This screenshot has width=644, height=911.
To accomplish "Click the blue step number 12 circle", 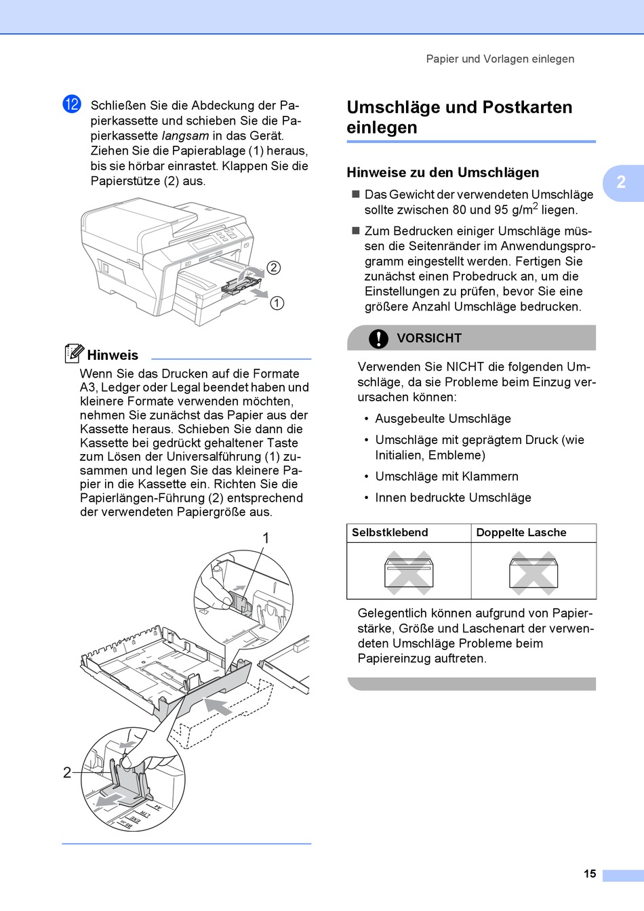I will (72, 104).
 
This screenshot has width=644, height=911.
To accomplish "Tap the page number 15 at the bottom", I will (590, 874).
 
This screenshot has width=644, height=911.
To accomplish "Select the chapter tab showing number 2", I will (621, 182).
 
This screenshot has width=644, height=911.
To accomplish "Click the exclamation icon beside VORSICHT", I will (378, 338).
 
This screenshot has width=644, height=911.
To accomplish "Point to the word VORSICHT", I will (429, 338).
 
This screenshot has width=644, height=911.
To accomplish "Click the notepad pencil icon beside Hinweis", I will (74, 353).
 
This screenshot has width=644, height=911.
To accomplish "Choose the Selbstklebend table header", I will (390, 533).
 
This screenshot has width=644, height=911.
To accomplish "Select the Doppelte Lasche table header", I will (521, 533).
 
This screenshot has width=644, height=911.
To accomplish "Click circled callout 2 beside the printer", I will (273, 268).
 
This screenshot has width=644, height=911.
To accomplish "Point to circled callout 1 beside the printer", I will (277, 303).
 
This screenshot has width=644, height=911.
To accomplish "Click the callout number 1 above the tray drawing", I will (266, 538).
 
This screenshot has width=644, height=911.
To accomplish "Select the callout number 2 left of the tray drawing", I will (67, 773).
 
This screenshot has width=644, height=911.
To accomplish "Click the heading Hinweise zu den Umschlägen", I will (443, 172).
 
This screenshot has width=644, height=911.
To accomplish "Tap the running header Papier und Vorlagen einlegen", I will (500, 59).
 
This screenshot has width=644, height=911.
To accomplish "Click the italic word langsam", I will (185, 136).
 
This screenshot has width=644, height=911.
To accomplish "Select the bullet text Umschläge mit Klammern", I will (447, 477).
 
